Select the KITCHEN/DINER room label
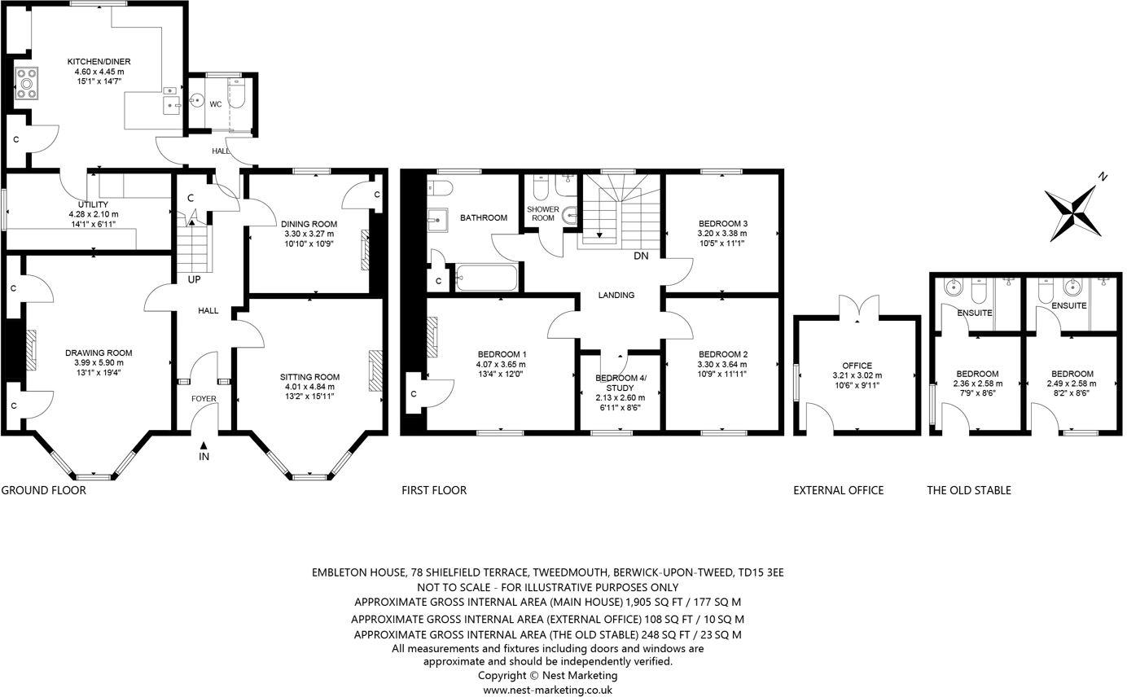[99, 62]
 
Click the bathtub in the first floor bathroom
[486, 278]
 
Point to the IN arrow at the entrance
[204, 445]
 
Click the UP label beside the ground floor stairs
[194, 279]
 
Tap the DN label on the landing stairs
[641, 256]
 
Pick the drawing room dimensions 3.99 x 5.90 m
[99, 363]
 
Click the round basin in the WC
[195, 101]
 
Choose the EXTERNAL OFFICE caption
[838, 490]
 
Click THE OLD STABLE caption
[968, 490]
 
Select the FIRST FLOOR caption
[434, 490]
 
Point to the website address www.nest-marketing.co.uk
[547, 689]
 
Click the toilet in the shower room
[540, 189]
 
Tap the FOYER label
[204, 399]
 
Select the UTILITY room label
[93, 204]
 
